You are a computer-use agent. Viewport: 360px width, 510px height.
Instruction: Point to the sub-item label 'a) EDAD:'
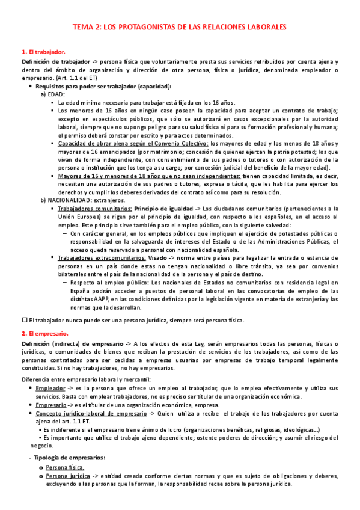pos(53,94)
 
